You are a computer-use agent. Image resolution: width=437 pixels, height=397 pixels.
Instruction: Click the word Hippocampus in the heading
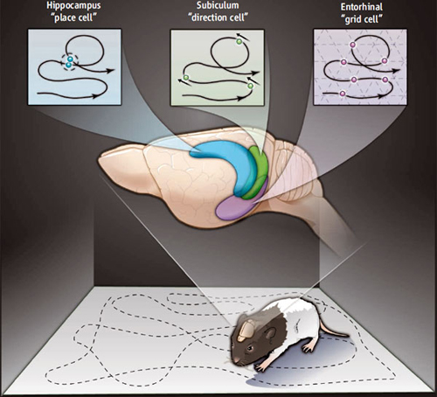coord(73,6)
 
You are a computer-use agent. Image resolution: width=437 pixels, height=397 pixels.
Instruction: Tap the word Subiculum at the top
coord(218,5)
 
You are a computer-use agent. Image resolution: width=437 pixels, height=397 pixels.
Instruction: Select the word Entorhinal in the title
coord(362,7)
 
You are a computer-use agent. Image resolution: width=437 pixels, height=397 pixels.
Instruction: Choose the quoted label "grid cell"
coord(362,19)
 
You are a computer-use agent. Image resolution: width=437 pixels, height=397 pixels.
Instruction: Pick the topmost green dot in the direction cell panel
coord(239,42)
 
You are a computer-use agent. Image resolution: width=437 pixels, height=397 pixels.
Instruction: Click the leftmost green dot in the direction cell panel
coord(186,78)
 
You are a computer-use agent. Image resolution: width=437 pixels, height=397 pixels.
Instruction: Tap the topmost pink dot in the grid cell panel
coord(352,45)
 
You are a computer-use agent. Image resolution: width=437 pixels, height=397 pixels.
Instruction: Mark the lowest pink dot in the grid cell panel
coord(343,94)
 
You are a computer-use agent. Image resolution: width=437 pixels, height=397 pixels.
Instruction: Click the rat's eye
coord(250,349)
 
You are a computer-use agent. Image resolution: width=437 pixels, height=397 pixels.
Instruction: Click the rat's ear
coord(270,334)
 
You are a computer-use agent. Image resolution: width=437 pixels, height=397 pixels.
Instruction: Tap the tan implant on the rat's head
coord(246,331)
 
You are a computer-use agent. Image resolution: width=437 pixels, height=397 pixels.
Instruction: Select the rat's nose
coord(236,363)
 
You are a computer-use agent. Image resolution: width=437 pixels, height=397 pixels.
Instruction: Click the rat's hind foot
coord(309,347)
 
